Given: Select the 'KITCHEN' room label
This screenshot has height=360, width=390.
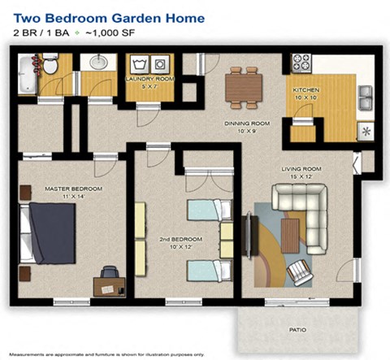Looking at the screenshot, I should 306,89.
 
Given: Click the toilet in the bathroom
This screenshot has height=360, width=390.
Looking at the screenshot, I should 50,65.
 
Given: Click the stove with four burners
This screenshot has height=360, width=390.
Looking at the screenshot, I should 301,62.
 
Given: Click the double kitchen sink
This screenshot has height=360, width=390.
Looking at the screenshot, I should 365,101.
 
